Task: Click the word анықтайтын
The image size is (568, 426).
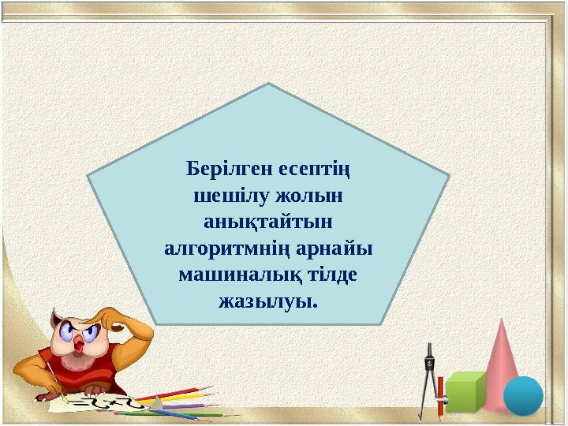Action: tap(268, 222)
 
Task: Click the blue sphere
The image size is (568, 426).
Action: tap(523, 395)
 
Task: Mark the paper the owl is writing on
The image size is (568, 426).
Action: tap(103, 402)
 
